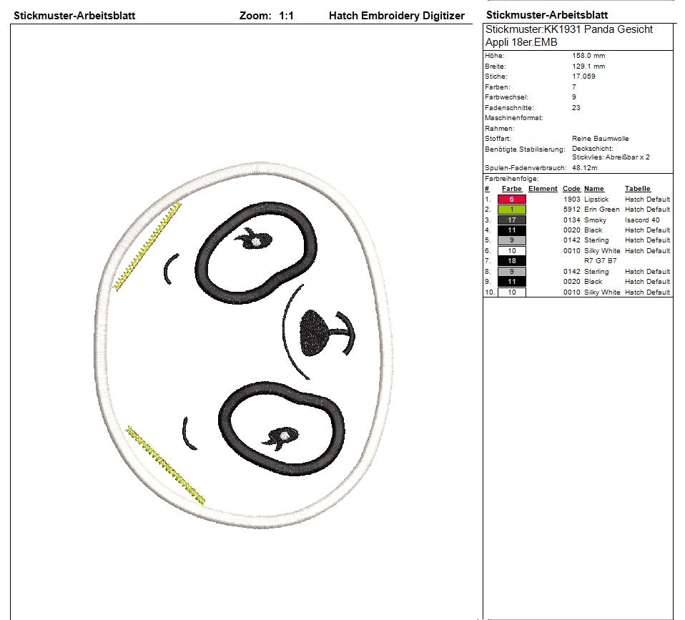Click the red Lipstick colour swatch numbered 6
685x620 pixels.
point(511,200)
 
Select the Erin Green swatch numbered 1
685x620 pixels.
point(511,210)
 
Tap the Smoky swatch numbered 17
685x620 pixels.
point(511,220)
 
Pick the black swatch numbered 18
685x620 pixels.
point(511,261)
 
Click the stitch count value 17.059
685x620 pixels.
point(583,76)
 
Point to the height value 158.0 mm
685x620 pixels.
point(588,56)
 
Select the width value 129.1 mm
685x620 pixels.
point(588,66)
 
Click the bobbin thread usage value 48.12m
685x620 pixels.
point(584,168)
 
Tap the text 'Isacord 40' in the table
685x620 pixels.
point(642,220)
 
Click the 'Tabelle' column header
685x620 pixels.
point(637,189)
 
